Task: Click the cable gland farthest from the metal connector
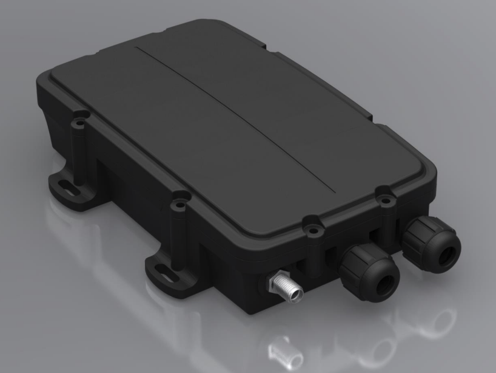431,239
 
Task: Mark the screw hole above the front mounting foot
179,197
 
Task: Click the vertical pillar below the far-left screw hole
78,149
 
